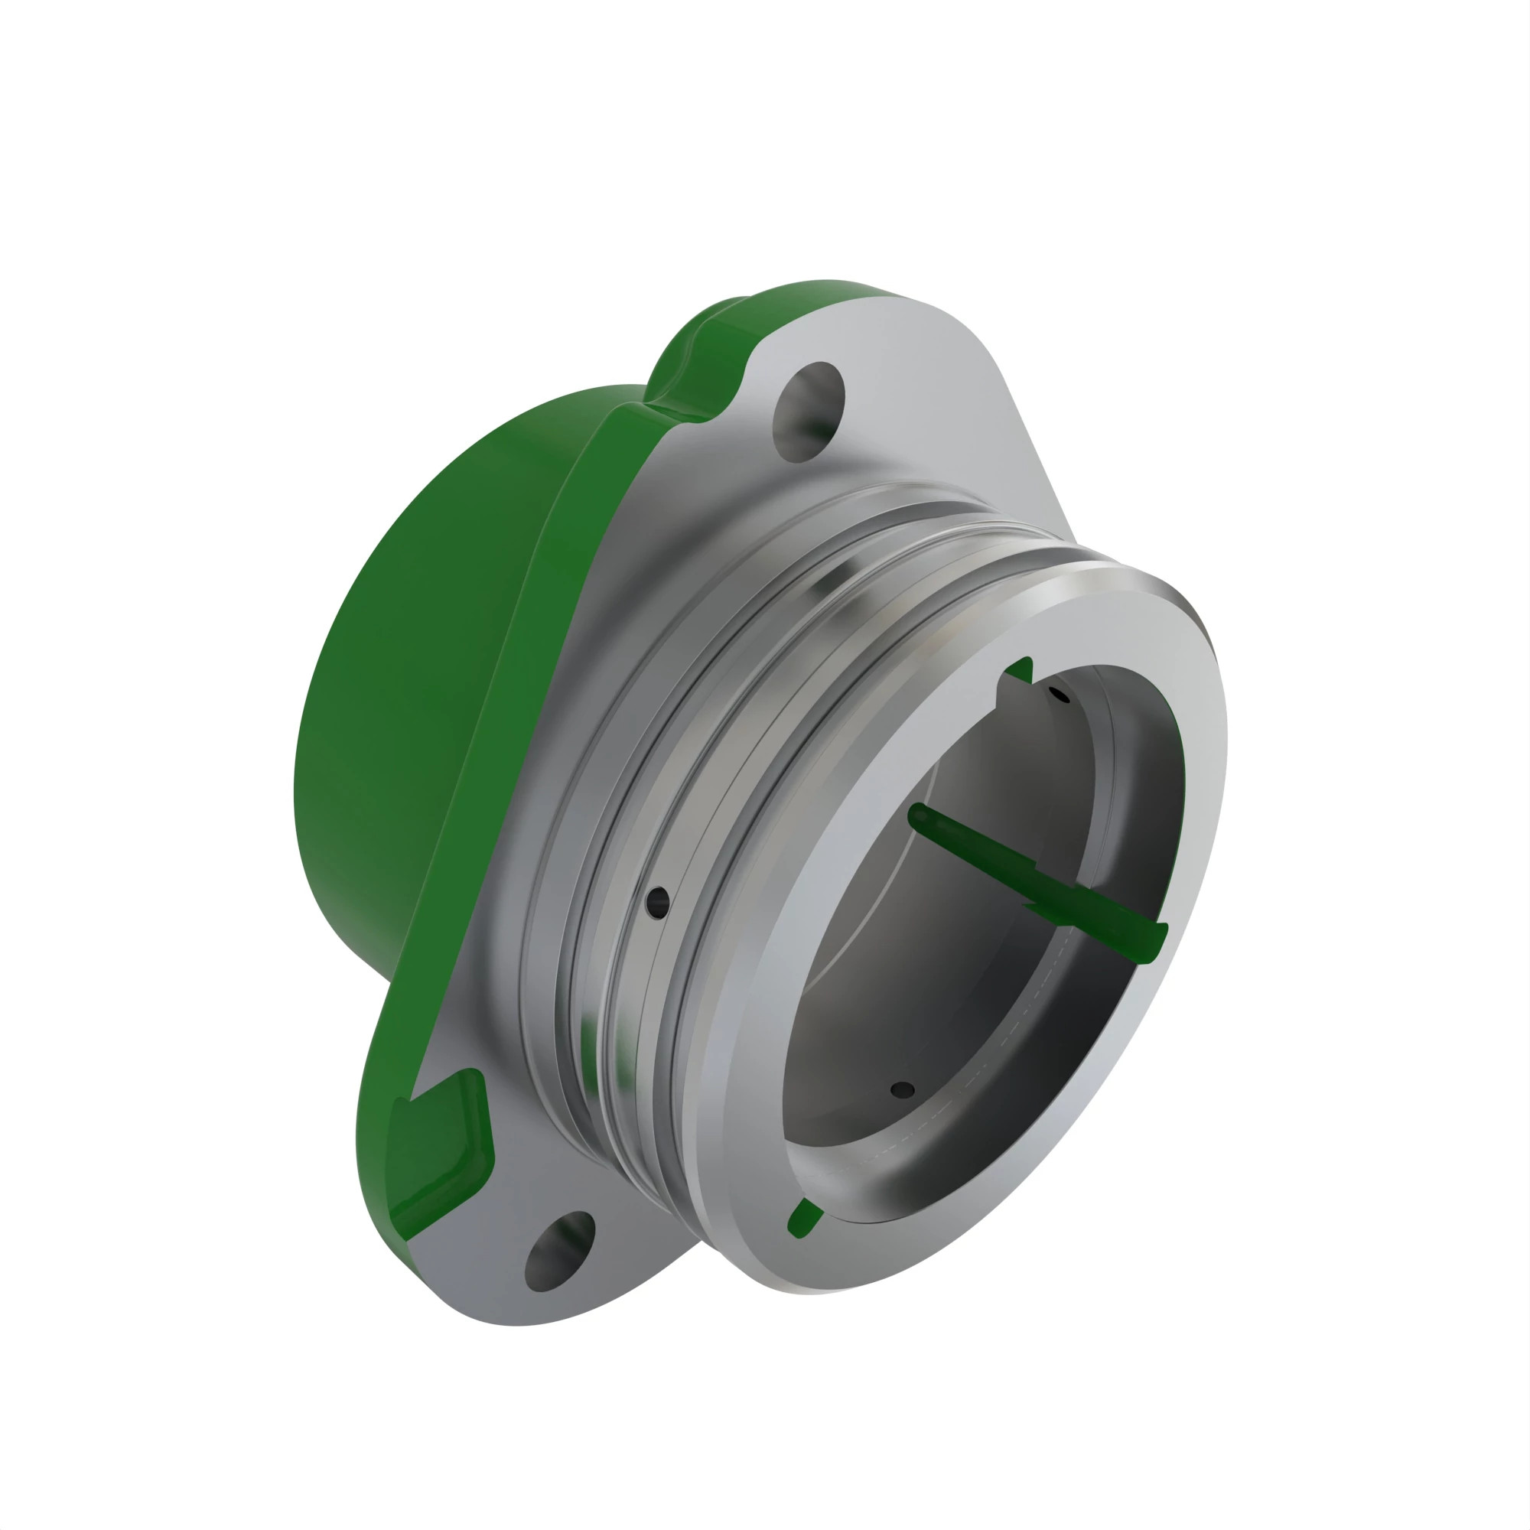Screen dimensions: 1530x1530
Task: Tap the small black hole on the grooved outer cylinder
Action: click(657, 901)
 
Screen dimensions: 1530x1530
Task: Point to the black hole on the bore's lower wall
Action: click(902, 1089)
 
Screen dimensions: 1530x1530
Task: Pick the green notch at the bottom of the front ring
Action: click(805, 1219)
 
